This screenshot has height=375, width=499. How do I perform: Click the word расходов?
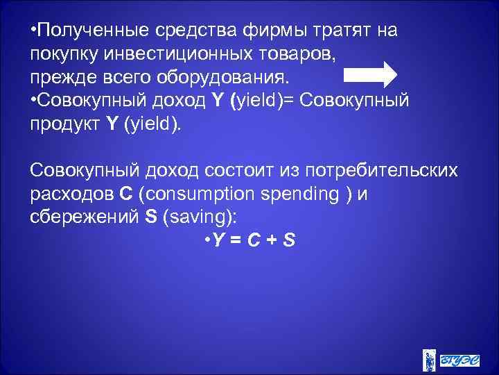coord(68,194)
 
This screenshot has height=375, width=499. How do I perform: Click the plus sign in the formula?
coord(270,240)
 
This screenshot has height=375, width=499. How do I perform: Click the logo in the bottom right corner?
coord(450,358)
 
